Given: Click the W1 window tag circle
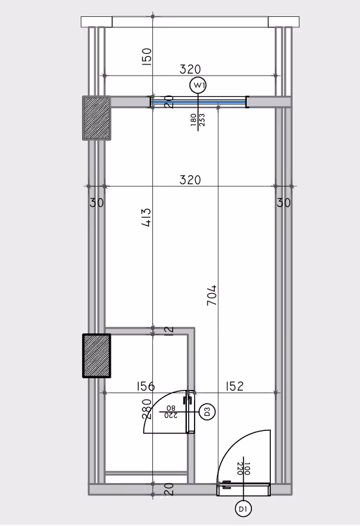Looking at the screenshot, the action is coord(198,85).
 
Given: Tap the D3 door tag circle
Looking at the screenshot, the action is coord(207,411).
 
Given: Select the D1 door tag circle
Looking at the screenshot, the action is coord(243,509).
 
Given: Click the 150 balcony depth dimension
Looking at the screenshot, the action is coord(146,57).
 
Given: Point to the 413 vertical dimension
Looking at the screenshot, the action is coord(146,217).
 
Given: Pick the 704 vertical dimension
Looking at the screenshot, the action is coord(212,295).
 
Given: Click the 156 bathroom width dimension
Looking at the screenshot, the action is coord(146,386).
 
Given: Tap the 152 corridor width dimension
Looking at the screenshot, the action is coord(234,386).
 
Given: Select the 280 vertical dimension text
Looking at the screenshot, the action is coord(146,409).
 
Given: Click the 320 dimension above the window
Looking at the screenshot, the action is coord(190,69).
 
